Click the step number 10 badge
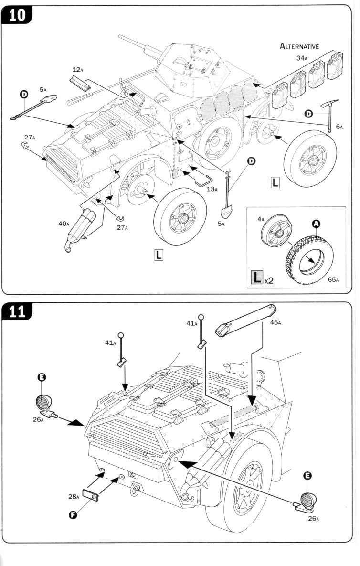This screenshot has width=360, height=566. (17, 15)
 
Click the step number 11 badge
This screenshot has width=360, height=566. (17, 311)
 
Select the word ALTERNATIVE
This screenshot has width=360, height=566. (299, 46)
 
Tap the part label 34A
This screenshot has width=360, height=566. (301, 58)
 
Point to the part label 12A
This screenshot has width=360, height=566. (78, 70)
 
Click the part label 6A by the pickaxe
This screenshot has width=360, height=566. (339, 127)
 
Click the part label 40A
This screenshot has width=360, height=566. (64, 224)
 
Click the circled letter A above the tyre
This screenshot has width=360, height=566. (316, 223)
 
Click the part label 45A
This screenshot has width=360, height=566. (275, 322)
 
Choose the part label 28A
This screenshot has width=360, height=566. (74, 496)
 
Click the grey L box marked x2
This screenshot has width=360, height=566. (257, 278)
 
